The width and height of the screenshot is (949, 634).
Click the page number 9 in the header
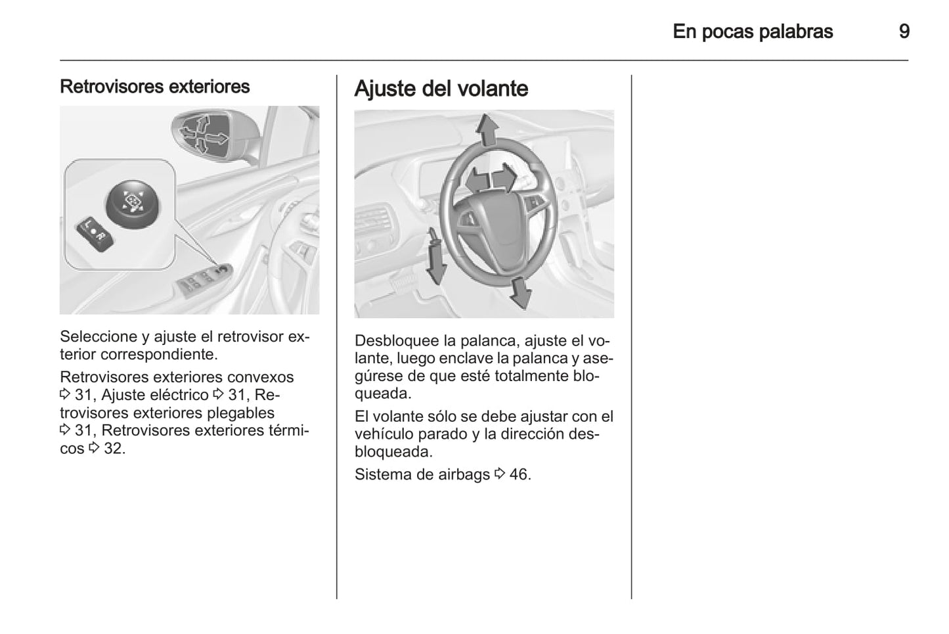point(904,32)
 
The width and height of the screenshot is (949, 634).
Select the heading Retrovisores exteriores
point(154,87)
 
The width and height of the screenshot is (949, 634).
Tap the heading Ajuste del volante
point(441,89)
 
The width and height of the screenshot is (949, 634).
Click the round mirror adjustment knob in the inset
point(133,205)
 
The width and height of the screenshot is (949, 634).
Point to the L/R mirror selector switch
point(95,234)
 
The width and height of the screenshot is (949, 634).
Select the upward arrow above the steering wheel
point(487,131)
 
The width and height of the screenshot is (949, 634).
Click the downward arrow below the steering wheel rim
point(521,293)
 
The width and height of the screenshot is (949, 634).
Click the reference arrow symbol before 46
point(500,474)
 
